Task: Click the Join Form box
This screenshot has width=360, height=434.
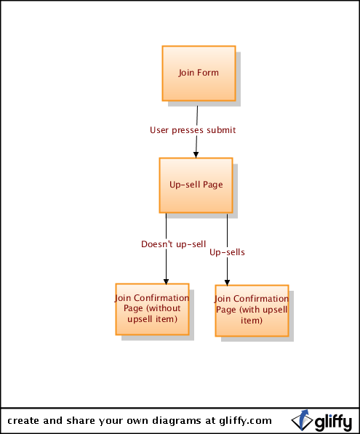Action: pos(199,73)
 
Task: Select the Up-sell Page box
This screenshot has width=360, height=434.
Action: pos(196,185)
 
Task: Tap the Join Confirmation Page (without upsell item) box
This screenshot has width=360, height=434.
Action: pos(152,309)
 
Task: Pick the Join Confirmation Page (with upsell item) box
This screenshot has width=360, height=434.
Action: pos(252,310)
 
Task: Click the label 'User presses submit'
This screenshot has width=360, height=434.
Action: pos(193,130)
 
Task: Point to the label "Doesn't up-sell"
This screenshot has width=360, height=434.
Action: pos(174,244)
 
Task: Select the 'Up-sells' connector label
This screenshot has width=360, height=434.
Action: pos(227,252)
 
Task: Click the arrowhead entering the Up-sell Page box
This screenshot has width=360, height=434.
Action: pos(196,155)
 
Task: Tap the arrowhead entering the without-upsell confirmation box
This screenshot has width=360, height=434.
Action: pos(166,281)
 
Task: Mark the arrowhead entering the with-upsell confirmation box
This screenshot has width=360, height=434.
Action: pos(227,283)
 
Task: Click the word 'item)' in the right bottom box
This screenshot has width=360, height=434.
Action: pos(252,321)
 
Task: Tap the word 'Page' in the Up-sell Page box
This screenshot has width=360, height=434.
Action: pos(212,185)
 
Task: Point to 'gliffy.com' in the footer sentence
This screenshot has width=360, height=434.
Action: pos(245,421)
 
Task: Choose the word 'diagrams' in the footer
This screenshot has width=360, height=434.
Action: pos(177,421)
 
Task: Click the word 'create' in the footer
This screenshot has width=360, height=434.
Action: pos(23,421)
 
